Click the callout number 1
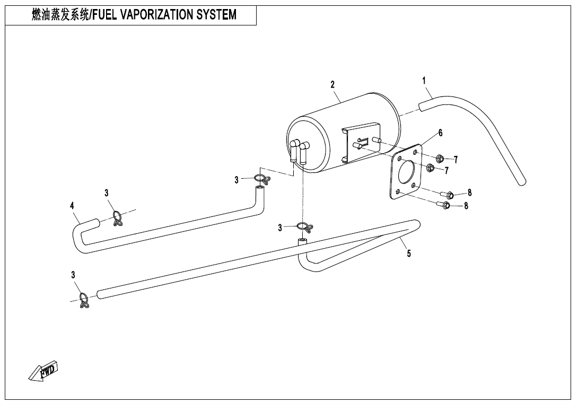pyautogui.click(x=424, y=81)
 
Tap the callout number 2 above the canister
pyautogui.click(x=332, y=84)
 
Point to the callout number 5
pyautogui.click(x=409, y=253)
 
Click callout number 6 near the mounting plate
pyautogui.click(x=440, y=133)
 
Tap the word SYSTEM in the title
pyautogui.click(x=216, y=15)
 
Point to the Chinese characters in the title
pyautogui.click(x=60, y=15)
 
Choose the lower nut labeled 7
pyautogui.click(x=431, y=168)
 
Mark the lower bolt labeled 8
pyautogui.click(x=444, y=205)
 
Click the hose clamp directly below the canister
pyautogui.click(x=304, y=227)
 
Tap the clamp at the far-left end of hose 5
pyautogui.click(x=83, y=301)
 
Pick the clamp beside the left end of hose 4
pyautogui.click(x=118, y=217)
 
